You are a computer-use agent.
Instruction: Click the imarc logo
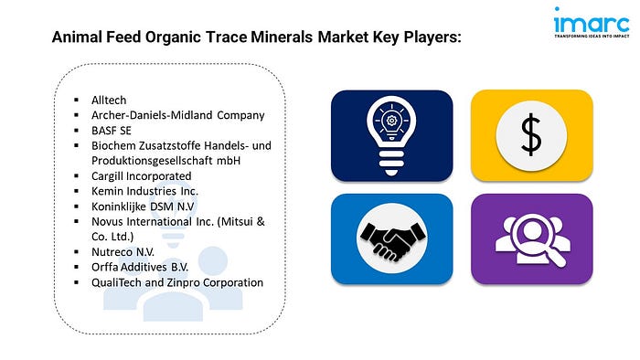[x=592, y=23]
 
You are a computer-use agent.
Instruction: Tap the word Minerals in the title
[x=282, y=37]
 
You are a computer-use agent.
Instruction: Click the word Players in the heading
[x=432, y=37]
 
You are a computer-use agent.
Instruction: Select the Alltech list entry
[x=109, y=100]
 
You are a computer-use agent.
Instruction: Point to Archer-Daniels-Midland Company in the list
[x=178, y=115]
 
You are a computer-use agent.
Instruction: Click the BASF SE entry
[x=112, y=131]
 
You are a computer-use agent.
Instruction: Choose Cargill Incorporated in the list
[x=141, y=176]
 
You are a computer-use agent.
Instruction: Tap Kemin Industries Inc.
[x=144, y=191]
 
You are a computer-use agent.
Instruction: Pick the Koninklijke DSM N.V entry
[x=143, y=206]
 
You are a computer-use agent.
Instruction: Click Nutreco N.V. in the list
[x=123, y=252]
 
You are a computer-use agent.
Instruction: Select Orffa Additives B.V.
[x=140, y=267]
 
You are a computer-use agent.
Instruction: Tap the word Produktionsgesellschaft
[x=153, y=161]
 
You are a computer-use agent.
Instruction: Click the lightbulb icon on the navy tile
[x=391, y=136]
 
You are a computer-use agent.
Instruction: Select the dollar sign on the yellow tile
[x=531, y=135]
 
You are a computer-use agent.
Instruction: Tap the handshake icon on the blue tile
[x=392, y=239]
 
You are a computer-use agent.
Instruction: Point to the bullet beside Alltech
[x=76, y=100]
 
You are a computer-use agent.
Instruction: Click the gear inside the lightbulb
[x=391, y=121]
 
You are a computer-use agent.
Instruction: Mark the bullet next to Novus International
[x=76, y=221]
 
